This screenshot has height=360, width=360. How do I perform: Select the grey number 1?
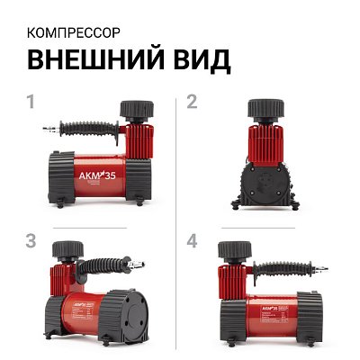(31, 102)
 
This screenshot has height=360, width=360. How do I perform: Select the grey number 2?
(191, 102)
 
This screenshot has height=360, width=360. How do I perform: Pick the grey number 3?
(31, 242)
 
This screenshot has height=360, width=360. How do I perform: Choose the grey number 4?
(191, 242)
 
